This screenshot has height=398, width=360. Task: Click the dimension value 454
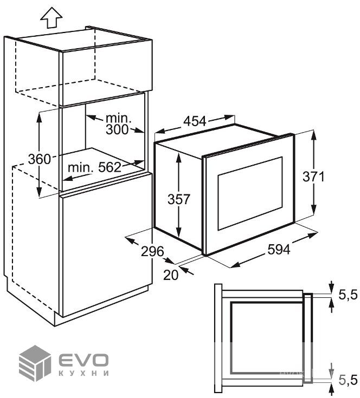pos(195,121)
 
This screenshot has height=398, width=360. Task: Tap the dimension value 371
pos(313,177)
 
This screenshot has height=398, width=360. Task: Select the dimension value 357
pos(179,199)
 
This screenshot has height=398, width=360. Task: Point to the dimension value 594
pos(279,250)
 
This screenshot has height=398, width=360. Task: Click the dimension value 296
pos(152,251)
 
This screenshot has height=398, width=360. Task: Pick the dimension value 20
pos(171,275)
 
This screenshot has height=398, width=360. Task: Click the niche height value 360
pos(40,159)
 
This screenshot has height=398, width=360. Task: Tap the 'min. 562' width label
pos(94,167)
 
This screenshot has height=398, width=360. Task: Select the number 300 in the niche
pos(117,130)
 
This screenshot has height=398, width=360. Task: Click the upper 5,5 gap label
pos(348,295)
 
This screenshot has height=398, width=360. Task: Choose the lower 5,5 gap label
pos(348,380)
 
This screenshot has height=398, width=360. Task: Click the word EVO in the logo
pos(83,360)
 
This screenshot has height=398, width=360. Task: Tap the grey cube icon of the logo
pos(35,364)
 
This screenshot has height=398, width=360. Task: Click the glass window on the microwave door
pos(250,193)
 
